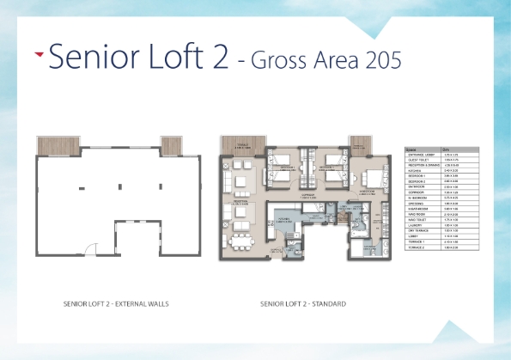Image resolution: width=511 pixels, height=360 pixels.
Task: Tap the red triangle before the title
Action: coord(39,53)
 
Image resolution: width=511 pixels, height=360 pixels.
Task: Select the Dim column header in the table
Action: coord(447,149)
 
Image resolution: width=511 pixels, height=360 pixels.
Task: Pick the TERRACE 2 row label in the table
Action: coord(416,248)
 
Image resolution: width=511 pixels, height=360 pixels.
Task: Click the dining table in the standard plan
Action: coord(236,238)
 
